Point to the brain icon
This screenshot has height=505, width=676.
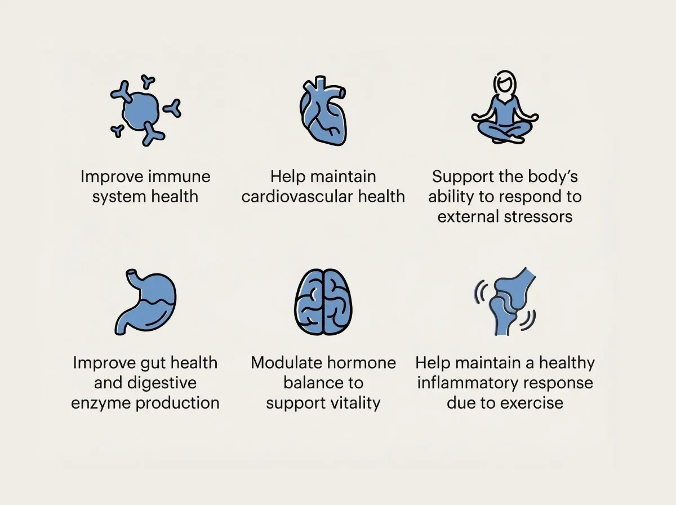[x=323, y=303]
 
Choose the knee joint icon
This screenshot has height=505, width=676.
[x=505, y=302]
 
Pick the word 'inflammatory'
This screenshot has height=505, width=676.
[x=469, y=383]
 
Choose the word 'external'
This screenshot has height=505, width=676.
[x=469, y=216]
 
